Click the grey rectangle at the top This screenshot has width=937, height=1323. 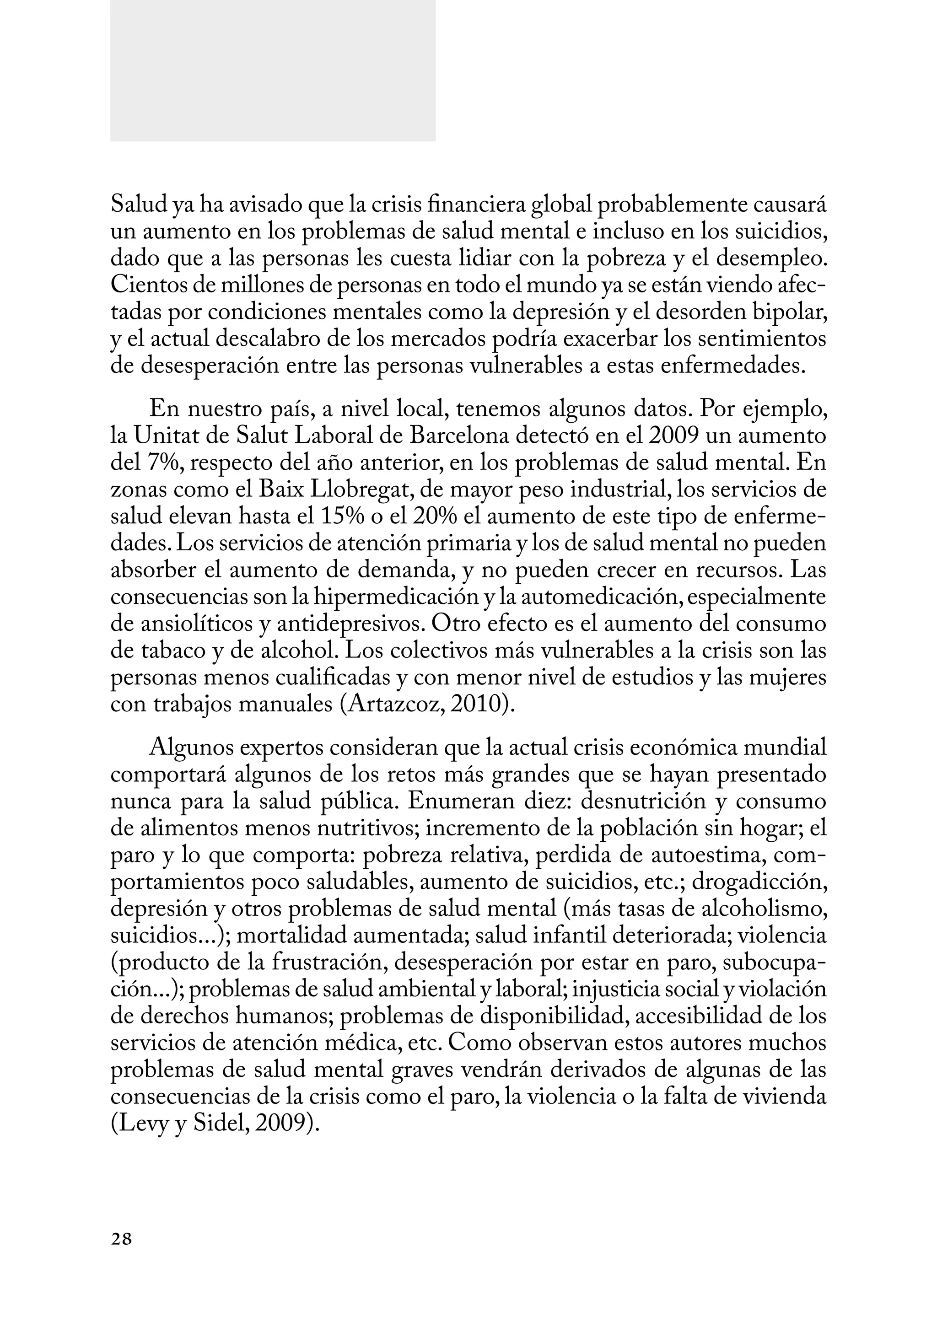[x=272, y=70]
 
